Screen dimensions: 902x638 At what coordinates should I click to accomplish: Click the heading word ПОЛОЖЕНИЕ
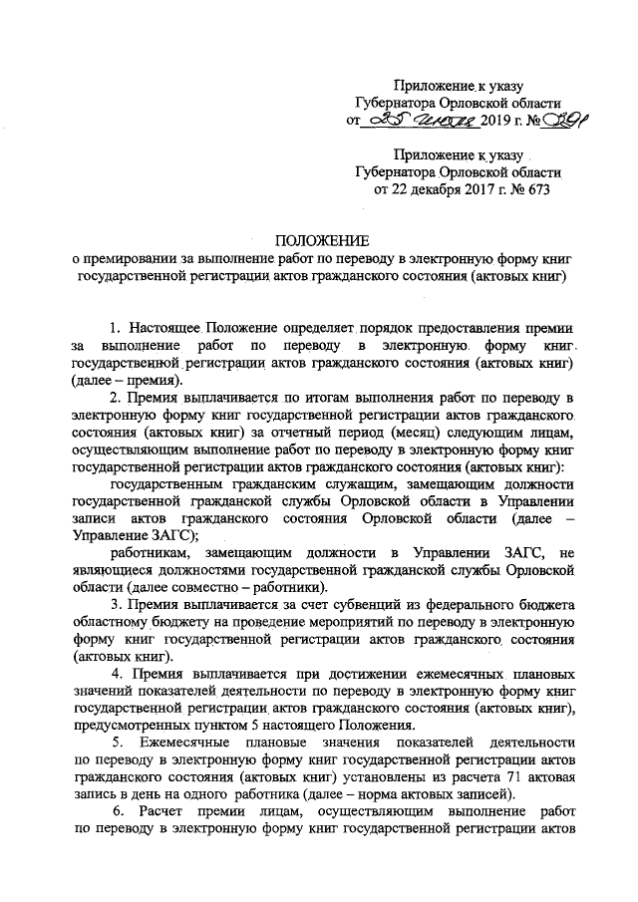click(x=321, y=240)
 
